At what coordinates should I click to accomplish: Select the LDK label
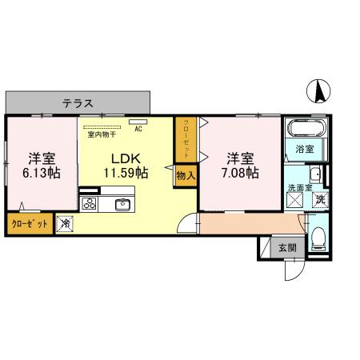click(x=126, y=157)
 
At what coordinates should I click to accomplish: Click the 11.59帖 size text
click(x=126, y=172)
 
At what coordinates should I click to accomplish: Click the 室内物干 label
click(x=102, y=134)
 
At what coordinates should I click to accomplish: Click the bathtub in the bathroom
click(x=306, y=130)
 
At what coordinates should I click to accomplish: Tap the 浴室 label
click(x=305, y=150)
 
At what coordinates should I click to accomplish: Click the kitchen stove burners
click(x=89, y=203)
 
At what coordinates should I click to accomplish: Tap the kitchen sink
click(x=123, y=203)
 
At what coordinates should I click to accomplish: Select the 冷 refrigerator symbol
click(x=66, y=225)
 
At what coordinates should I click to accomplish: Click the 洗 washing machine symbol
click(x=318, y=200)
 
